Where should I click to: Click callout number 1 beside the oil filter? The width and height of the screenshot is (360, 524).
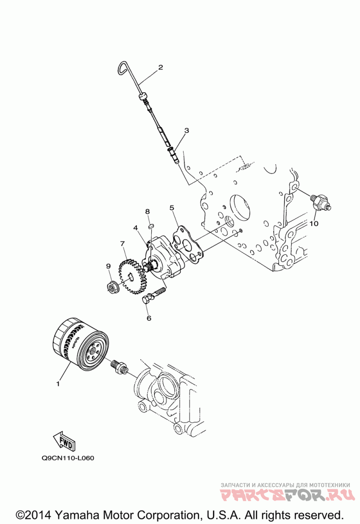[58, 384]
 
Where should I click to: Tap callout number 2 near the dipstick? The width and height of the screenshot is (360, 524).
[160, 68]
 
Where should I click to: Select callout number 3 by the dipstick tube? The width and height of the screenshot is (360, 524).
[186, 131]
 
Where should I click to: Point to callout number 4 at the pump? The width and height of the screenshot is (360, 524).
[135, 228]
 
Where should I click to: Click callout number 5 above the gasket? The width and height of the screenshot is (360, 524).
[171, 208]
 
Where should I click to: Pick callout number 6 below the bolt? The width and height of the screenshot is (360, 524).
[149, 318]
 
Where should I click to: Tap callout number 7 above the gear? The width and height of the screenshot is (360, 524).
[122, 244]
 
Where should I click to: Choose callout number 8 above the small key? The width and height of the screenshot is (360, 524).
[147, 212]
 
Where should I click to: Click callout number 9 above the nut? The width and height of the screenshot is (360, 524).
[108, 267]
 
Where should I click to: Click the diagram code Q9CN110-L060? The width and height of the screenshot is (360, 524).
[68, 458]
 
